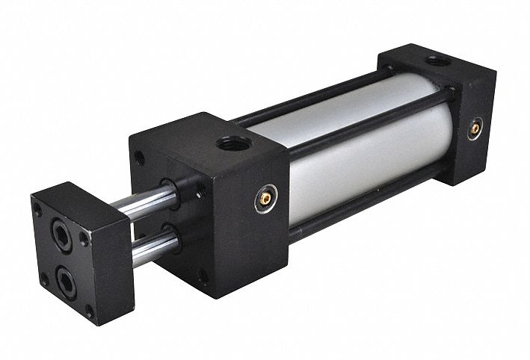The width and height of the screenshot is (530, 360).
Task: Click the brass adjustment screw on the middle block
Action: tap(265, 198)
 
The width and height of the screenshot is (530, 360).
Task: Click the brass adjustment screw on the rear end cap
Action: tap(475, 129)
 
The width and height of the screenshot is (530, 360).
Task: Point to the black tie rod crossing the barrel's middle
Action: tap(366, 127)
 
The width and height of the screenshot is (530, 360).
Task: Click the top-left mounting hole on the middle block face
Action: tap(140, 158)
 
